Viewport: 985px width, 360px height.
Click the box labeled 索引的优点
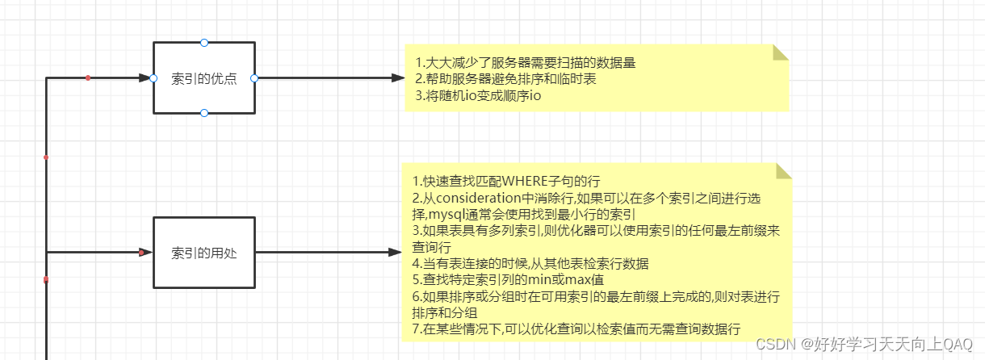(203, 78)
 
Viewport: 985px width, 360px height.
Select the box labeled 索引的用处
(203, 253)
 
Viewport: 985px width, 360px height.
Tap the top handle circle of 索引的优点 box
(204, 42)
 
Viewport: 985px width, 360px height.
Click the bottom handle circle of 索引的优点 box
(204, 114)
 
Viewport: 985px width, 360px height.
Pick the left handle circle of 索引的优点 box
(153, 78)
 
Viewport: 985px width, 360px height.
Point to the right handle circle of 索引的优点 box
(254, 78)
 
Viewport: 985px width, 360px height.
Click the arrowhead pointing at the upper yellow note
(397, 78)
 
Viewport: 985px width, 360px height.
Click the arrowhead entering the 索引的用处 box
(146, 253)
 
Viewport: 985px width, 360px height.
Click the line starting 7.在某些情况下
(577, 328)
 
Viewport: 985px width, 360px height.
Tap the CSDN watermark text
(863, 344)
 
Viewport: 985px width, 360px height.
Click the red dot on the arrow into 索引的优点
(88, 77)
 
